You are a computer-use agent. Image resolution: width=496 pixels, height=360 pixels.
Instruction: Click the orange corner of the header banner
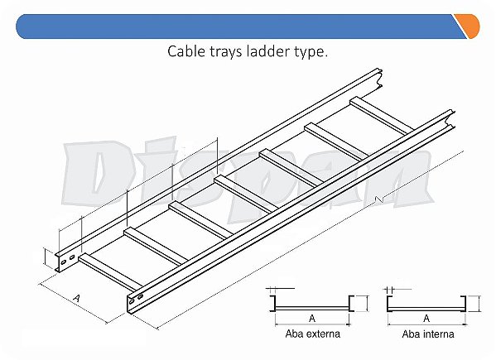(x=470, y=26)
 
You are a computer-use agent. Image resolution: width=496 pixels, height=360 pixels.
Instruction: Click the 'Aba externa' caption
(x=312, y=334)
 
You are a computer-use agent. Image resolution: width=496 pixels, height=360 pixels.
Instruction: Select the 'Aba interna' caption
(x=427, y=334)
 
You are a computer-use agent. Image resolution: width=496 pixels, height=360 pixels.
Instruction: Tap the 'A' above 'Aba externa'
(x=312, y=318)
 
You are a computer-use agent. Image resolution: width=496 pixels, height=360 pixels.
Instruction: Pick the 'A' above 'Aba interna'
(x=426, y=318)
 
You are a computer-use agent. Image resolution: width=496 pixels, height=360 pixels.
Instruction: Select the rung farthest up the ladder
(x=381, y=115)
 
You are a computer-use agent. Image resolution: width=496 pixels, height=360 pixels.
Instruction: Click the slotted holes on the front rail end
(x=136, y=299)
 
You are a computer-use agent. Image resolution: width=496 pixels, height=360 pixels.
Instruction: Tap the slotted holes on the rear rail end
(x=68, y=259)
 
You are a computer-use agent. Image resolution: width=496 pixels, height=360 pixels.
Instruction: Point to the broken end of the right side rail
(x=450, y=119)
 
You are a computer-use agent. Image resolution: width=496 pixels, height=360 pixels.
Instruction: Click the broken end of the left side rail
(x=378, y=78)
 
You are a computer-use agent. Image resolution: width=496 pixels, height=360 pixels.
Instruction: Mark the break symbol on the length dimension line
(x=379, y=199)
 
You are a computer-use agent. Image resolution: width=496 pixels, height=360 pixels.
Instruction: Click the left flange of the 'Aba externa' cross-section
(x=272, y=304)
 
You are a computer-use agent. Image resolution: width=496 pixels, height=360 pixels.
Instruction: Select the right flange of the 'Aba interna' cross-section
(x=464, y=304)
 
